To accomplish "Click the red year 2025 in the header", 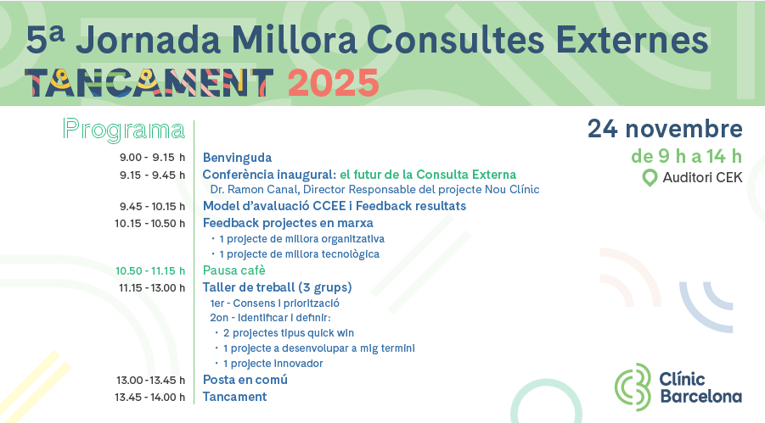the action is click(333, 83).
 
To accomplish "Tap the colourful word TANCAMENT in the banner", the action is click(149, 82).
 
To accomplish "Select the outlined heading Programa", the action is click(124, 130).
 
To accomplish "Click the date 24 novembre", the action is click(665, 129).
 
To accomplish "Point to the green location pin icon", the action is click(650, 178).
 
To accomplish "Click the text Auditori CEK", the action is click(702, 177).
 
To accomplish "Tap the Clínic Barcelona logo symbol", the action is click(633, 387).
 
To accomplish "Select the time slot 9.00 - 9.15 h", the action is click(152, 158).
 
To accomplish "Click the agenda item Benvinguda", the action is click(237, 158).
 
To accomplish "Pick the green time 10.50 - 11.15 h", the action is click(150, 271).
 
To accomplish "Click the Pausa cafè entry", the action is click(234, 270).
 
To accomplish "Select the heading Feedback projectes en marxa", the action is click(288, 223).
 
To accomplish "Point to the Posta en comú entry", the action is click(245, 380).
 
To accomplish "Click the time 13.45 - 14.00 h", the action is click(150, 398).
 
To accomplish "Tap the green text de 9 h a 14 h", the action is click(686, 156).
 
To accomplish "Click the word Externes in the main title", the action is click(632, 40).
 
